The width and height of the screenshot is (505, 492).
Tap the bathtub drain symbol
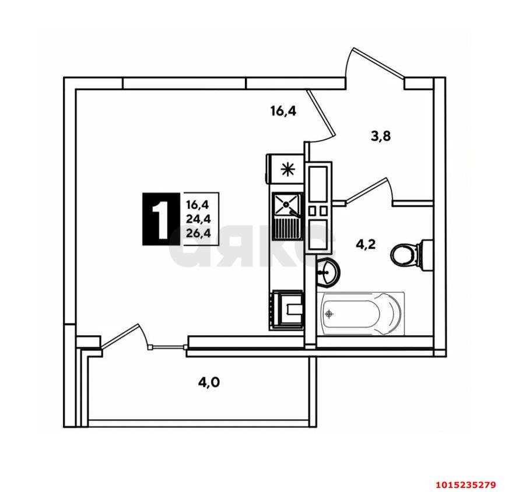[330, 314]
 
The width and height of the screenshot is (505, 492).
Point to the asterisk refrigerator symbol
[286, 170]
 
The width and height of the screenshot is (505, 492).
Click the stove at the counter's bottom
[287, 310]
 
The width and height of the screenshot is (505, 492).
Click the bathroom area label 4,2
[365, 244]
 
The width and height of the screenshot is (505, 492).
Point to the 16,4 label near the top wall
[283, 110]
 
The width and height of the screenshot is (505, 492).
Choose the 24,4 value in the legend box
[198, 219]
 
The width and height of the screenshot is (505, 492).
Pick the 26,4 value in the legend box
[198, 234]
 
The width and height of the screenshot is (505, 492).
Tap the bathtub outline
[362, 314]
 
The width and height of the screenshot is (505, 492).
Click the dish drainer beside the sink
[286, 226]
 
